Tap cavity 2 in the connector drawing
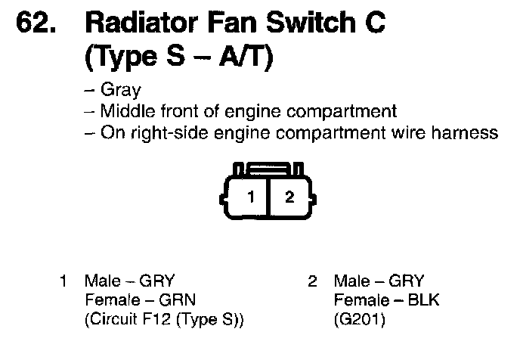(x=289, y=198)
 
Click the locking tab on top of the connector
(x=269, y=167)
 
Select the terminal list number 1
(x=64, y=282)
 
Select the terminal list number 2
(x=312, y=282)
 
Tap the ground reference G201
(x=360, y=320)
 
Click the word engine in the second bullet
(x=250, y=112)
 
